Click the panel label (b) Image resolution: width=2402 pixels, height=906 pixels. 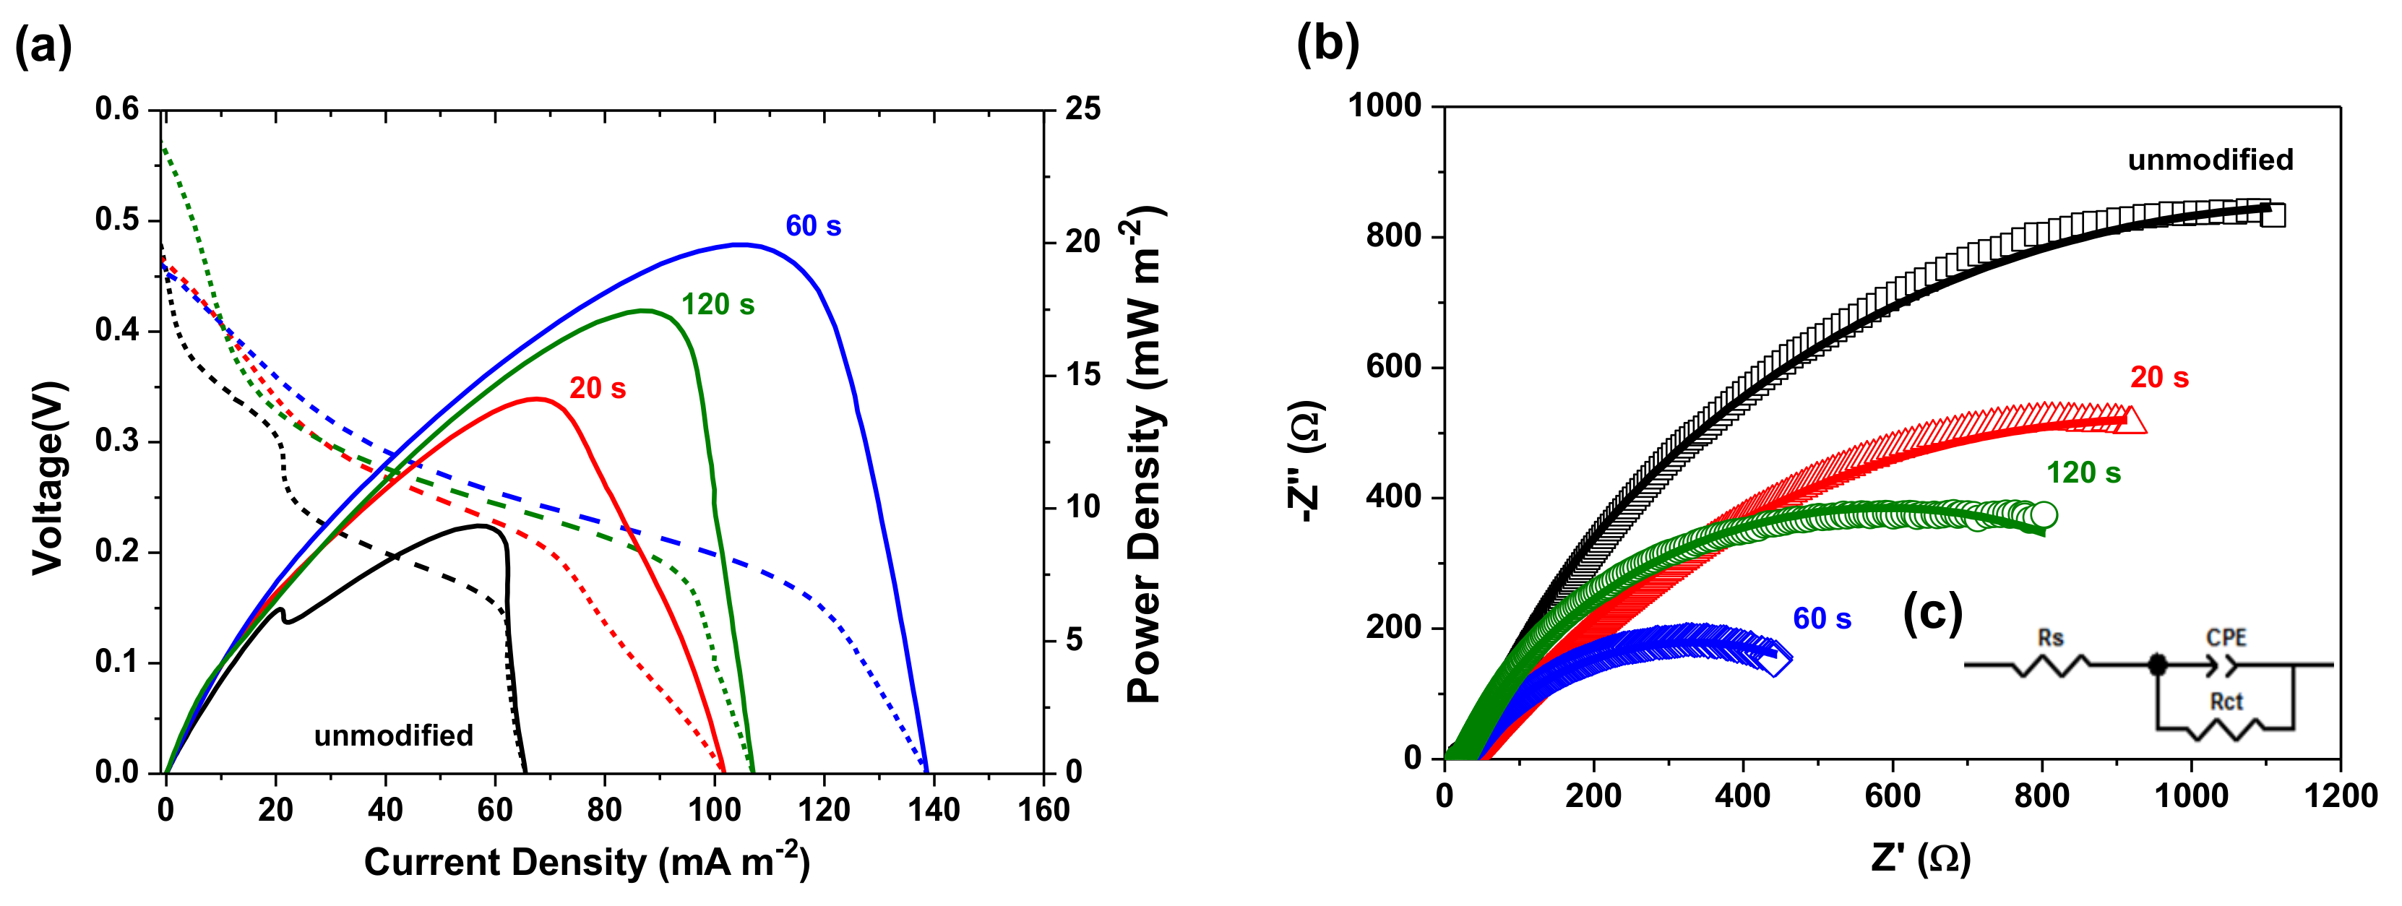click(1327, 42)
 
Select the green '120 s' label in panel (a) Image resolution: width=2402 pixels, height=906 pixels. click(717, 304)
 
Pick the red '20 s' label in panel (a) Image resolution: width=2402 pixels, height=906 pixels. click(598, 388)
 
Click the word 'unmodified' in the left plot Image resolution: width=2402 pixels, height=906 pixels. click(394, 735)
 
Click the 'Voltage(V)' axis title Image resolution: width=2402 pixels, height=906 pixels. click(48, 478)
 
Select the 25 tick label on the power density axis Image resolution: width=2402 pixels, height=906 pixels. click(1082, 109)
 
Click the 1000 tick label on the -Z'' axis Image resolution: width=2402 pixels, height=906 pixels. click(1384, 105)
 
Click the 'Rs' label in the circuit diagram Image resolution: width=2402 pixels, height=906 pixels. click(2051, 639)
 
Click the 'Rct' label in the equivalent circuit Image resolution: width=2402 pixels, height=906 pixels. click(2226, 701)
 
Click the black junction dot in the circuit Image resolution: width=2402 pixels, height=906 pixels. click(2157, 665)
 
